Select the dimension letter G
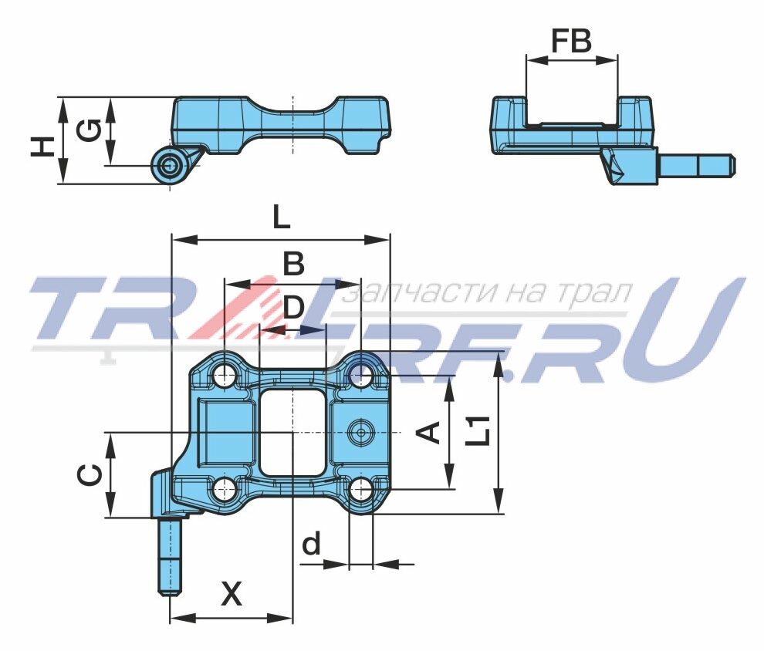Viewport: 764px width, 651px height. pyautogui.click(x=90, y=130)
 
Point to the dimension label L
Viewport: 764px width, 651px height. pyautogui.click(x=281, y=217)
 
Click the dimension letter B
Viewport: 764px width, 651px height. pyautogui.click(x=294, y=264)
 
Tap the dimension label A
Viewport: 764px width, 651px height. pyautogui.click(x=429, y=433)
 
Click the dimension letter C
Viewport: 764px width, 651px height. pyautogui.click(x=90, y=474)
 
